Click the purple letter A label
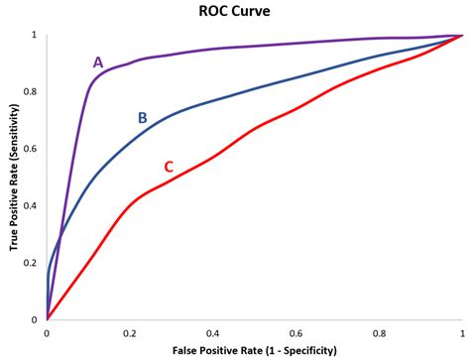[98, 61]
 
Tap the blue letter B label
[142, 118]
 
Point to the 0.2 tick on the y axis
[33, 263]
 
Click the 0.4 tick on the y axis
[33, 205]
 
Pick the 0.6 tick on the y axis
[33, 149]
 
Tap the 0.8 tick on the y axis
[33, 91]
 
